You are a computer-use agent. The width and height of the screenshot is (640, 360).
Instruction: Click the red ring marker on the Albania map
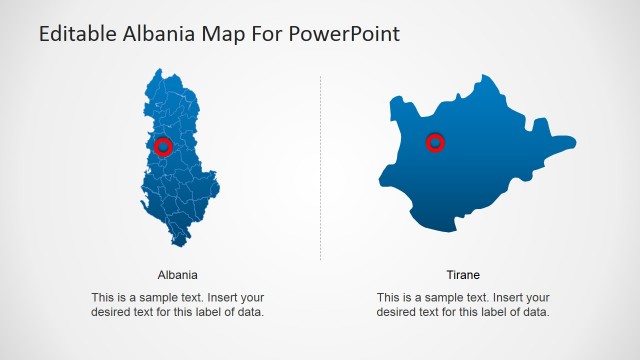click(x=165, y=147)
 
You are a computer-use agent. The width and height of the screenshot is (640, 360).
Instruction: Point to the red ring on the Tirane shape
click(x=435, y=143)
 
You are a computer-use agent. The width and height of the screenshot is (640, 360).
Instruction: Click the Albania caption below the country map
click(x=178, y=274)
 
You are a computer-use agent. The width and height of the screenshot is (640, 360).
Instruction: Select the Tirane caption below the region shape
click(x=463, y=274)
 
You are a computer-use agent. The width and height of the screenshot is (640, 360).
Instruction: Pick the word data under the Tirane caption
click(x=536, y=312)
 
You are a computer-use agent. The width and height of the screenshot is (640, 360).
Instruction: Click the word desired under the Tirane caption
click(x=397, y=312)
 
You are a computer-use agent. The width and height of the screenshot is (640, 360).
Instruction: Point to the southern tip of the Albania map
click(x=181, y=244)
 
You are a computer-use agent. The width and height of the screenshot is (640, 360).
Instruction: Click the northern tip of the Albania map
click(x=159, y=71)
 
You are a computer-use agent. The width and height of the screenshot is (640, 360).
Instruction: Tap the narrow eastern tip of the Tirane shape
click(x=571, y=141)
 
